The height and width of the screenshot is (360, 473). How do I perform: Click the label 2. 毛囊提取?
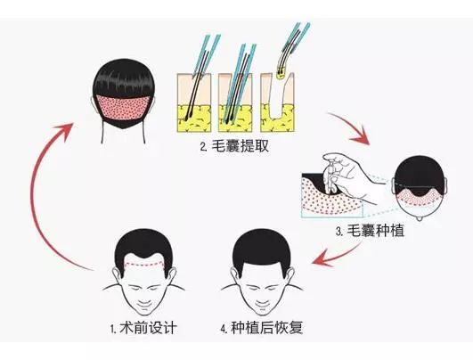point(234,147)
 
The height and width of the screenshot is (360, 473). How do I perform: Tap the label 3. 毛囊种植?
point(370,231)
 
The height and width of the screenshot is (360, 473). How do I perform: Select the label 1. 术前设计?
point(143,327)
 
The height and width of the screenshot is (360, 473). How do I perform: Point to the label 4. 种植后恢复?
point(262,327)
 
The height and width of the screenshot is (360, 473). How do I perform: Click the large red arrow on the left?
point(37,193)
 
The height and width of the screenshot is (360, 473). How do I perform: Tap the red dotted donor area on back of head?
point(124,107)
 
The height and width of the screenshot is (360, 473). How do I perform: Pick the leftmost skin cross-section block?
point(193,102)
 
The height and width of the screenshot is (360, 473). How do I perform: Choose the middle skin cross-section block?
point(235,102)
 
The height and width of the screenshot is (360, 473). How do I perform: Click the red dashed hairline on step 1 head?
point(144,265)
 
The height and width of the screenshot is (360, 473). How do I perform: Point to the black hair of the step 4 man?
point(262,249)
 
